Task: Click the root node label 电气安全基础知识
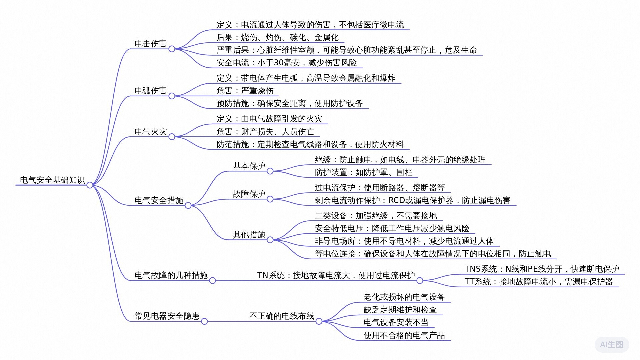point(52,180)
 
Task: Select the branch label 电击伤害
point(151,44)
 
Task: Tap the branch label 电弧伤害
point(151,91)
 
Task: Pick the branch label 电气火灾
point(151,132)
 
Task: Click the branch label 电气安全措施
point(159,200)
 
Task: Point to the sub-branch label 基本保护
point(249,166)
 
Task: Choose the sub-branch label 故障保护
point(249,194)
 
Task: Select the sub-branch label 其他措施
point(249,235)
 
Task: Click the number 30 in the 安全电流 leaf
point(279,63)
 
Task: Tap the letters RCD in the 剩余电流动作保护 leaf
point(397,200)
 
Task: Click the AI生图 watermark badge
point(612,345)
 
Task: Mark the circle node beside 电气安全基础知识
point(90,185)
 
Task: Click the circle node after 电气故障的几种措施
point(213,281)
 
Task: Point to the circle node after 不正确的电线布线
point(319,321)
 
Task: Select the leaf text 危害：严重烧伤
point(245,91)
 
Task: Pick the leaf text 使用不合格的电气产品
point(404,335)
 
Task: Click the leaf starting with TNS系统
point(542,269)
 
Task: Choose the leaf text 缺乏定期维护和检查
point(400,310)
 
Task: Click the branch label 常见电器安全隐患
point(167,316)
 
